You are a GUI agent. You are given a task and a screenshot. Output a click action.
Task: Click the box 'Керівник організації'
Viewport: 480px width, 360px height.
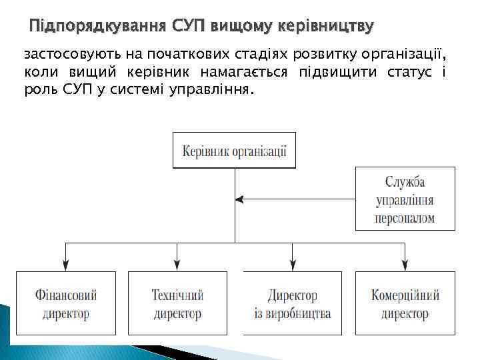(234, 150)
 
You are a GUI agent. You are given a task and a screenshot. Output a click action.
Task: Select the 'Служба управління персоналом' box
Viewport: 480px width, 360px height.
(405, 199)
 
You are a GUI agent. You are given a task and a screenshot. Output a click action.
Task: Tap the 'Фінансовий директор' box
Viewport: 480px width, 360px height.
(65, 303)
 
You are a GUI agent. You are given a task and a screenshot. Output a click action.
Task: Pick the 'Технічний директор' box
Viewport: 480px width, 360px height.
(177, 303)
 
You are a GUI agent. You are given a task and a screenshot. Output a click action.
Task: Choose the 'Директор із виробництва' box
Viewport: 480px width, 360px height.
(292, 303)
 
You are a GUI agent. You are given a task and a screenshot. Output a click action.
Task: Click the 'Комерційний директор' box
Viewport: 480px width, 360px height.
(405, 303)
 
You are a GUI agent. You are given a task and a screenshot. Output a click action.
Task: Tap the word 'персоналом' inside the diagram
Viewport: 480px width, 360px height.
(405, 218)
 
